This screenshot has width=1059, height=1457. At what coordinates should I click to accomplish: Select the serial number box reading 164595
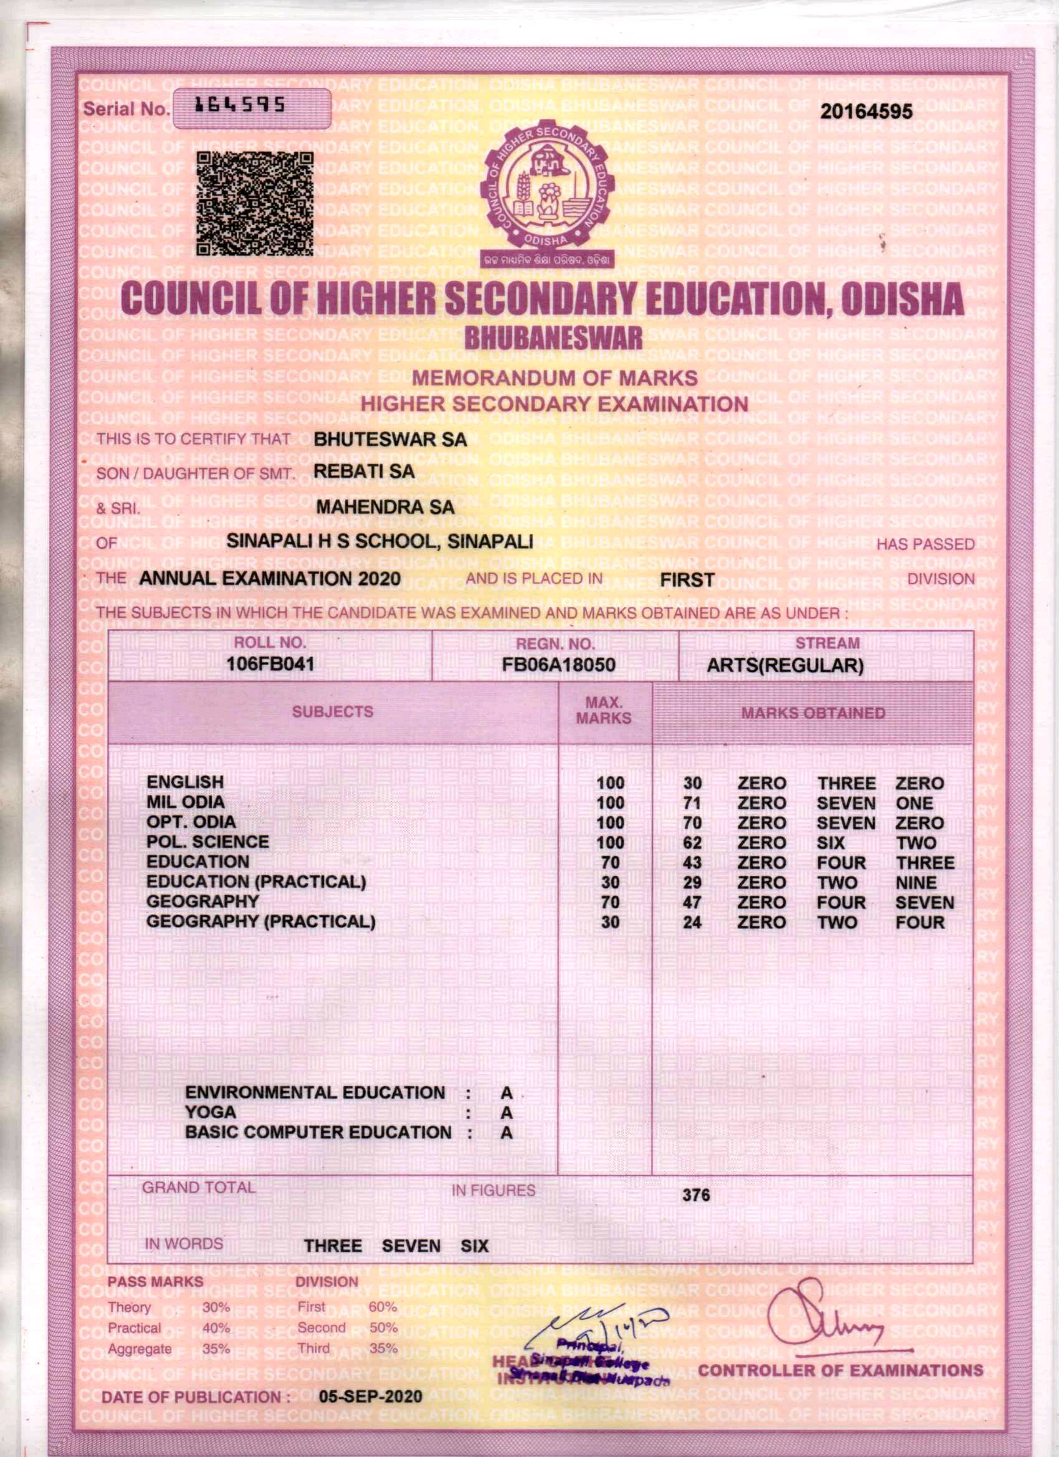coord(250,108)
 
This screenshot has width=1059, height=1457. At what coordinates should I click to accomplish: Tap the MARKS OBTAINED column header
coord(813,713)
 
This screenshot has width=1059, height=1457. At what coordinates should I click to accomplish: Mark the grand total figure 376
coord(696,1195)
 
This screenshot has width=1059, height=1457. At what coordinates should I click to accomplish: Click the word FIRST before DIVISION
coord(687,580)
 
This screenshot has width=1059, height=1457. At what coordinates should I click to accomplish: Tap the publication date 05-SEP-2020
coord(371,1397)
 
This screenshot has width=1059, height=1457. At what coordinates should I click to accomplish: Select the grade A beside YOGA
coord(507,1113)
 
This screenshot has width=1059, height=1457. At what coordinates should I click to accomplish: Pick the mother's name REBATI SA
coord(364,472)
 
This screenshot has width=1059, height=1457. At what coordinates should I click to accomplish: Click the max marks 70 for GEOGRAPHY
coord(610,903)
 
